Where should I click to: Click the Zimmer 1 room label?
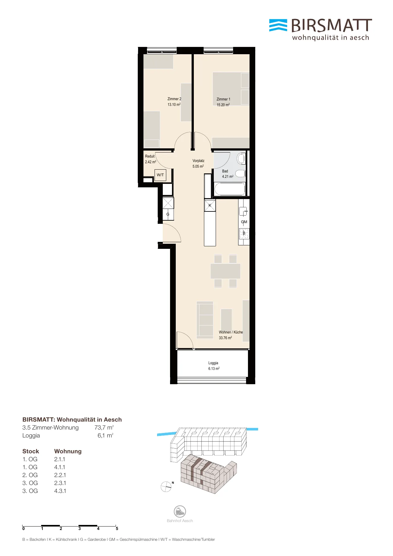(223, 99)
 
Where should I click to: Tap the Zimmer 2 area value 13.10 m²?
(174, 105)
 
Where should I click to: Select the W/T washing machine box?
(160, 175)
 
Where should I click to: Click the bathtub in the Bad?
(230, 189)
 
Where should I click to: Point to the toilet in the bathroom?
(241, 158)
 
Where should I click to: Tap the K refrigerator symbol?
(210, 205)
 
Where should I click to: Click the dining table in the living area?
(225, 271)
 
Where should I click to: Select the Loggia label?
(213, 363)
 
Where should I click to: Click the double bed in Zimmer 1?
(231, 88)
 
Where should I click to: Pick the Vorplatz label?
(198, 161)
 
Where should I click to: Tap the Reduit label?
(150, 156)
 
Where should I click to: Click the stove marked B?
(244, 234)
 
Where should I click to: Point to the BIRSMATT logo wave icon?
(278, 25)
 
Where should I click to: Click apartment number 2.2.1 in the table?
(60, 475)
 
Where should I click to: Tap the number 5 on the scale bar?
(117, 528)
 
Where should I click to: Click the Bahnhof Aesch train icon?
(180, 511)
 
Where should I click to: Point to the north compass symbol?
(166, 487)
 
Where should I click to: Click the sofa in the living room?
(205, 320)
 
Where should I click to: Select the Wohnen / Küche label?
(231, 332)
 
